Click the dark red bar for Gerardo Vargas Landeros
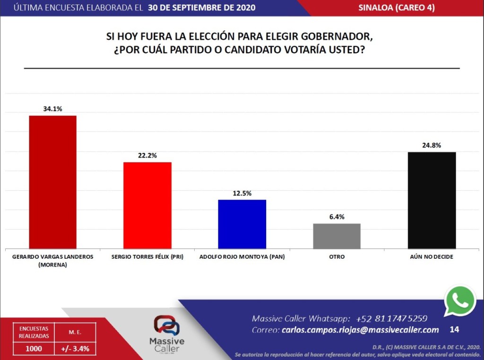click(52, 182)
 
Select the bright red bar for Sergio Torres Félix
click(147, 205)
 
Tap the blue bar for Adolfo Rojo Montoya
click(242, 224)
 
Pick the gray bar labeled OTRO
click(337, 236)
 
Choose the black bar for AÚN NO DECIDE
click(432, 200)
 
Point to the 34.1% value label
click(52, 108)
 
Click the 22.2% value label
click(147, 155)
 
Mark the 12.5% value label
click(242, 193)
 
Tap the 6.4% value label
click(337, 217)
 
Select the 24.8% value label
click(432, 145)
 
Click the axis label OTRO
click(337, 257)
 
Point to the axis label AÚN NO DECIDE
click(432, 257)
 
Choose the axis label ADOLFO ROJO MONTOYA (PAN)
click(242, 257)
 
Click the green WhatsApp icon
click(459, 301)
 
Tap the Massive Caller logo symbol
click(166, 326)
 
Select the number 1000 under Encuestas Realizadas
click(34, 349)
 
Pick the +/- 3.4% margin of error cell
click(75, 349)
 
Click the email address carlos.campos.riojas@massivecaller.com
click(360, 330)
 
